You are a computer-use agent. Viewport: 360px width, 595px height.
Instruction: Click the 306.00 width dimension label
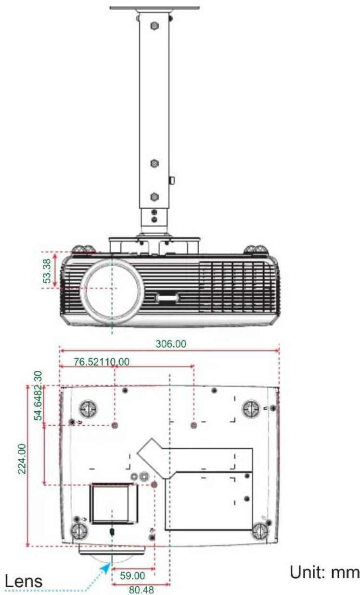[170, 344]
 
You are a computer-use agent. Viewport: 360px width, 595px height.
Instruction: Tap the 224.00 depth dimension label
[22, 459]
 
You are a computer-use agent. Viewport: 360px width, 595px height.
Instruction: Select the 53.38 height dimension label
[47, 271]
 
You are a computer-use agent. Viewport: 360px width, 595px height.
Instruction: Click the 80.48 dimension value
[141, 590]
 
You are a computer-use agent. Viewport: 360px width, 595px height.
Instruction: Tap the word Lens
[24, 582]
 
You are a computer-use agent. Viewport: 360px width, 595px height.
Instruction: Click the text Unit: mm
[324, 572]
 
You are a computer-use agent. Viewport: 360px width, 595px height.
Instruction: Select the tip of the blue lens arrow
[109, 563]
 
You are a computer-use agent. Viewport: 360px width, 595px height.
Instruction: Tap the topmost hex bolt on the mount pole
[154, 26]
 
